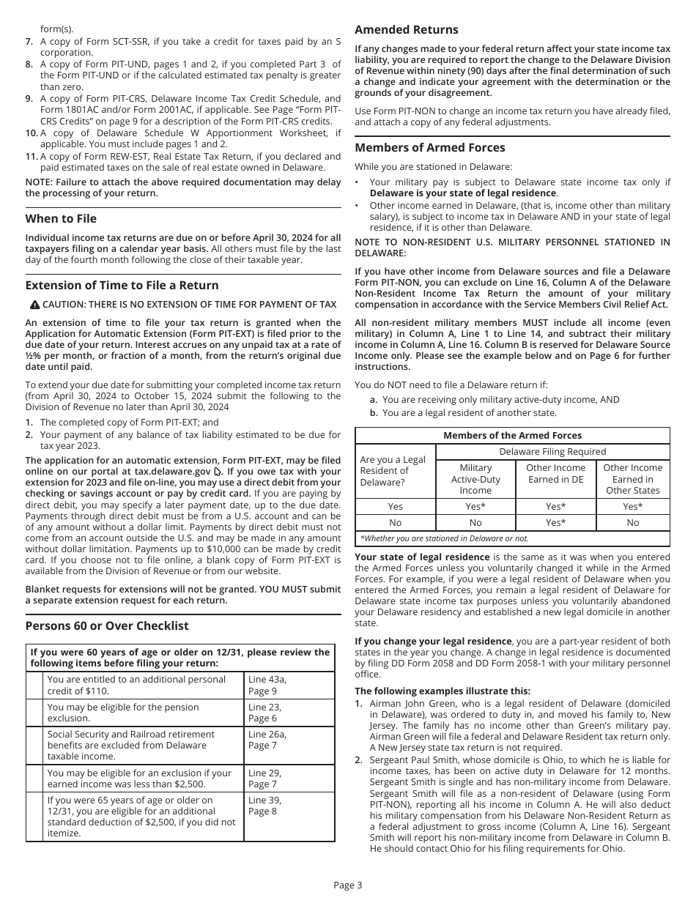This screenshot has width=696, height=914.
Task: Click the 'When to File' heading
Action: coord(61,219)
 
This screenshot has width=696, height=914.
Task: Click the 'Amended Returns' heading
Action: coord(407,30)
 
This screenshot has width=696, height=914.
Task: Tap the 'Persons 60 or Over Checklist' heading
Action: coord(107,626)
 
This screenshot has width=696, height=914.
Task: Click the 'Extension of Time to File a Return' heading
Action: coord(122,286)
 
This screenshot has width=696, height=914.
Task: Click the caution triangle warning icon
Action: coord(34,305)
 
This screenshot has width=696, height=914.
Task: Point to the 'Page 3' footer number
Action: coord(347,885)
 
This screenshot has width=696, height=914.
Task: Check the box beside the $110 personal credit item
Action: coord(34,685)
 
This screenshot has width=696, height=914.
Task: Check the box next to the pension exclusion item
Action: coord(34,713)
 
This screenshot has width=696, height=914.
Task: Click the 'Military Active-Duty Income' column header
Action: coord(475,479)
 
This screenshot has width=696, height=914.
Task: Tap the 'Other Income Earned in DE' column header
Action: coord(555,474)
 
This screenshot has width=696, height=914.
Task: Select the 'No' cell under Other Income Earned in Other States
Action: coord(632,523)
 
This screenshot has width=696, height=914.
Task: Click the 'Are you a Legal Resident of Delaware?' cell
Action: coord(393,471)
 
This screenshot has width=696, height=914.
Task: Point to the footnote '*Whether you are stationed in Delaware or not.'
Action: coord(444,538)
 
